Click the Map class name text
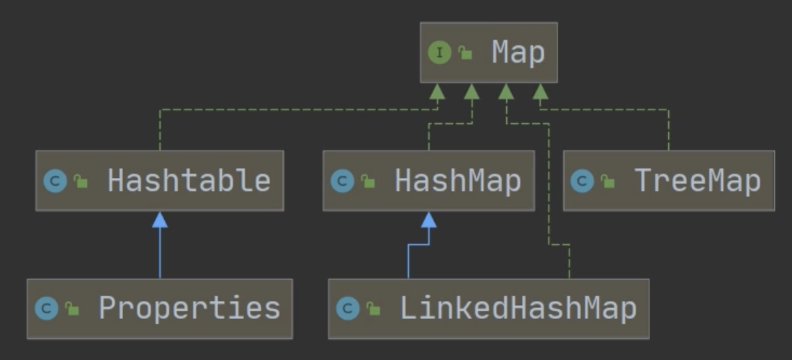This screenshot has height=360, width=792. click(x=518, y=53)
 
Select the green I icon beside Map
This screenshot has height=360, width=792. click(x=439, y=53)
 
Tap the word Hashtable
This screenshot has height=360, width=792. click(x=189, y=181)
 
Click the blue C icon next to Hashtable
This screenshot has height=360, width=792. click(x=55, y=181)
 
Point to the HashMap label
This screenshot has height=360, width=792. click(x=457, y=181)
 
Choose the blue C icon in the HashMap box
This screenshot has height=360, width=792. click(x=342, y=181)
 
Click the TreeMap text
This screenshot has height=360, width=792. click(x=697, y=181)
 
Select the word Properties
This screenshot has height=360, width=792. click(x=189, y=309)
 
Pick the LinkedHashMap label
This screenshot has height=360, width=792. click(x=518, y=309)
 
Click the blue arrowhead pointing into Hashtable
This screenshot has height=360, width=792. click(x=160, y=220)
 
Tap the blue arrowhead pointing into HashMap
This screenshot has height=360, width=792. click(x=428, y=220)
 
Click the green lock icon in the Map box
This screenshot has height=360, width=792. click(x=466, y=53)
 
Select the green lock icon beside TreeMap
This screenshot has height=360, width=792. click(x=608, y=181)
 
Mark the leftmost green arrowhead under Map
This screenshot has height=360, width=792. click(x=437, y=91)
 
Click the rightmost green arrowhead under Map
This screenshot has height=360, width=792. click(x=541, y=91)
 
